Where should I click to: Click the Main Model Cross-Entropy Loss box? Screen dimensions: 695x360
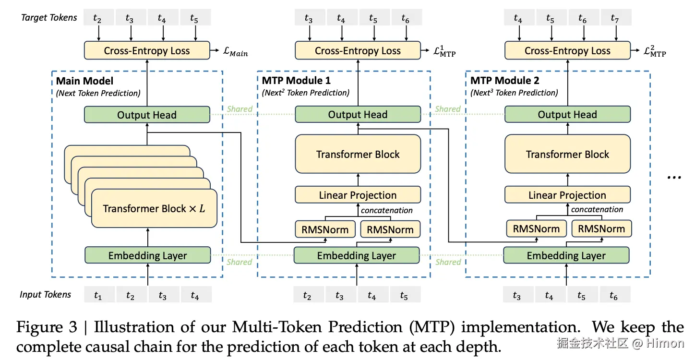point(147,50)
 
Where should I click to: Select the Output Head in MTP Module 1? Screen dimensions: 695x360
point(358,114)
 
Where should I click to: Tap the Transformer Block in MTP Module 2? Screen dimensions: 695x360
point(567,154)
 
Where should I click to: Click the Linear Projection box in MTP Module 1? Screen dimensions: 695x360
point(358,195)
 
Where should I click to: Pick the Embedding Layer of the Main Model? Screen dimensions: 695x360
point(148,255)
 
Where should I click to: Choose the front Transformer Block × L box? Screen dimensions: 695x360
point(154,208)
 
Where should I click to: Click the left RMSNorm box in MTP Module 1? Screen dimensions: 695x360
point(325,229)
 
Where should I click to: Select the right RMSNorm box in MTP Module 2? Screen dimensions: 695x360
point(601,229)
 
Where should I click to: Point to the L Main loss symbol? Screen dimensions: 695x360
point(236,51)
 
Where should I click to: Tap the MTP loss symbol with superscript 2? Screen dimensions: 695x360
point(655,51)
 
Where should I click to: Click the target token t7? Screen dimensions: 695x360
point(616,18)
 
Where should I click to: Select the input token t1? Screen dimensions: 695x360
point(99,295)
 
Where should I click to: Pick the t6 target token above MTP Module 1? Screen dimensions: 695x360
point(406,18)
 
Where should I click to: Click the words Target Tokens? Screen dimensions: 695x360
point(49,18)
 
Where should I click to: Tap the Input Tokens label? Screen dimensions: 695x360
point(45,295)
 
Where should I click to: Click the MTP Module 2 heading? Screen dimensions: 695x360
point(505,80)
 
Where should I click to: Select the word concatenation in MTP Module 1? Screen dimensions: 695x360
point(386,210)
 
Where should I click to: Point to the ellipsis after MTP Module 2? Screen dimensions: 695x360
point(674,178)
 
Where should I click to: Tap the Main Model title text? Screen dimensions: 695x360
point(84,81)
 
